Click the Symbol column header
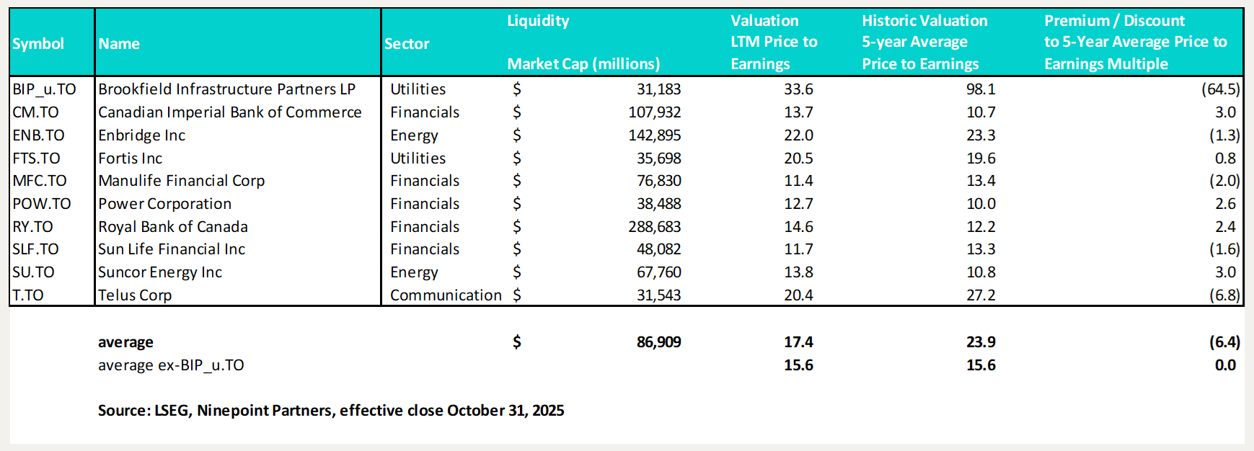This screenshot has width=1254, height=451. click(38, 44)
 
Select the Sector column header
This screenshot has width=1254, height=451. click(407, 44)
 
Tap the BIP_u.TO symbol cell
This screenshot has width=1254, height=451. click(44, 89)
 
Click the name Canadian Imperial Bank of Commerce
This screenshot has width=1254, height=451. click(230, 112)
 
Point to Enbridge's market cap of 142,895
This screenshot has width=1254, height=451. click(655, 135)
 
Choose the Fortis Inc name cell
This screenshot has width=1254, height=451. click(131, 158)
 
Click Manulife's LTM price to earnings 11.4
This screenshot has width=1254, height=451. click(798, 181)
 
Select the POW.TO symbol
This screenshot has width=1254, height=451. click(42, 204)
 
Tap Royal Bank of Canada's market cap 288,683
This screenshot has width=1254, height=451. click(655, 227)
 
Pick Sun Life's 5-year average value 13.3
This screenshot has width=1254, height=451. click(981, 249)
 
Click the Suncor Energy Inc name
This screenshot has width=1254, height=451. click(160, 272)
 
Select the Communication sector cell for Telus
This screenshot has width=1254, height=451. click(446, 295)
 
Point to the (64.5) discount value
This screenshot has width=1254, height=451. click(1220, 89)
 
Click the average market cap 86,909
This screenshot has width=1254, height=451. click(658, 342)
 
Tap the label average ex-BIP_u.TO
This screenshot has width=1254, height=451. click(171, 365)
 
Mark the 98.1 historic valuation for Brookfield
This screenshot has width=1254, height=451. click(981, 89)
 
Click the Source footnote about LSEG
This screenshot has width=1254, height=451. click(331, 411)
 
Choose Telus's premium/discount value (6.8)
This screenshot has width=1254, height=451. click(1224, 295)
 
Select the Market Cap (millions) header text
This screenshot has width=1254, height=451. click(583, 64)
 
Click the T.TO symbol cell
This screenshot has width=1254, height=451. click(28, 295)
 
